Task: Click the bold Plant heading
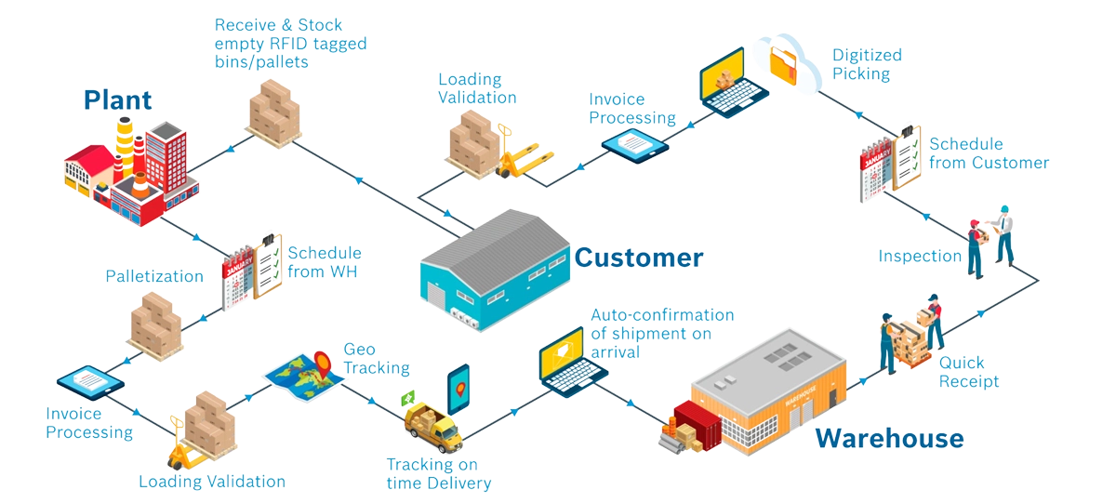(x=117, y=100)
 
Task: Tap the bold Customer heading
(x=638, y=257)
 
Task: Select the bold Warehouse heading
(x=889, y=438)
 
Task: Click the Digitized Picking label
(x=861, y=64)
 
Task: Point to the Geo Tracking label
(x=376, y=358)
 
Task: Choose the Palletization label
(x=154, y=276)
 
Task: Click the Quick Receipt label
(x=968, y=372)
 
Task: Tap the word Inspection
(x=920, y=256)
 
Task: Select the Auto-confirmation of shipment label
(x=662, y=333)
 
